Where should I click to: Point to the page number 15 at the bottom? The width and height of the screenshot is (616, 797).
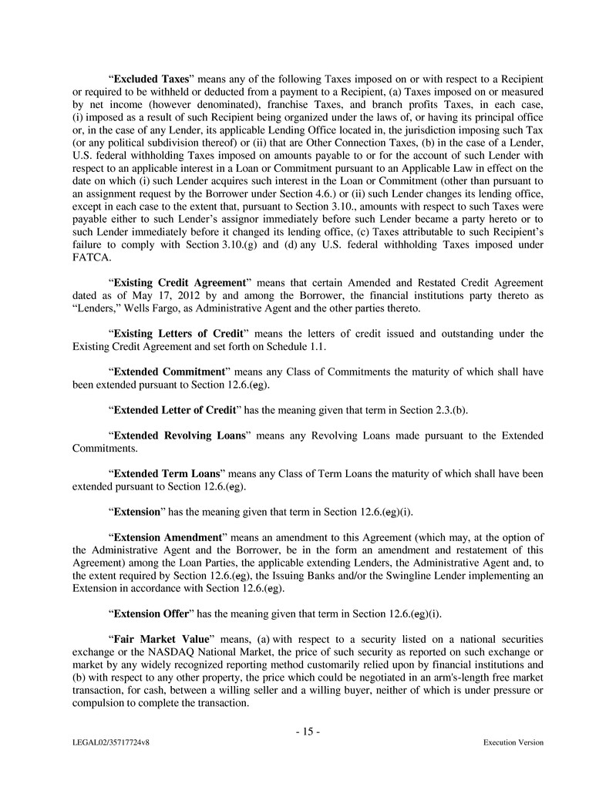pyautogui.click(x=308, y=731)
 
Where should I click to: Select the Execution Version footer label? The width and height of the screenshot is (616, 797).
pyautogui.click(x=513, y=743)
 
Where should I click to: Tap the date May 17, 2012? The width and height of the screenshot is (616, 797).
pyautogui.click(x=163, y=296)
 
